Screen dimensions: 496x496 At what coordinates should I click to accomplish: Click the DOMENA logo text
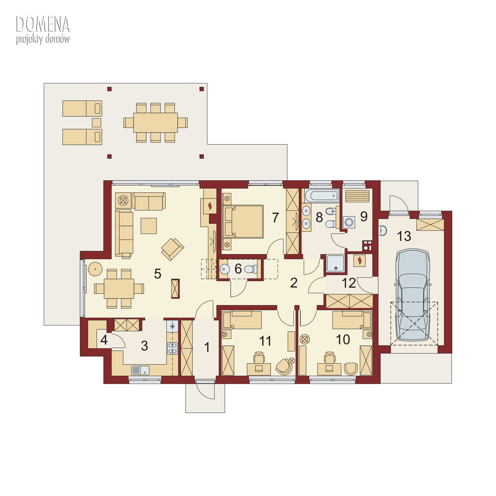tap(43, 24)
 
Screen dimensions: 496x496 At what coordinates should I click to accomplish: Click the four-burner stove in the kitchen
tap(172, 348)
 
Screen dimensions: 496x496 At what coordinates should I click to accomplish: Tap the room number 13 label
tap(404, 236)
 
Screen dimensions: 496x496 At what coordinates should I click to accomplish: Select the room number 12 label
tap(349, 283)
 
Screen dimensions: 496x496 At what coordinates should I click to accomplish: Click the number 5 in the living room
tap(158, 274)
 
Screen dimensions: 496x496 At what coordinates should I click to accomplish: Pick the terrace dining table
tap(155, 123)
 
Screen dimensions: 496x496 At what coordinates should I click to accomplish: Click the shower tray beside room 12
tap(335, 263)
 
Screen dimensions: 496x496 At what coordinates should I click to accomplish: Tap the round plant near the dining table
tap(95, 269)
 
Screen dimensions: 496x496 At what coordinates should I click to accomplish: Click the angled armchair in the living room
tap(172, 249)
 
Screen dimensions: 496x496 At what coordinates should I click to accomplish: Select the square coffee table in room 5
tap(149, 226)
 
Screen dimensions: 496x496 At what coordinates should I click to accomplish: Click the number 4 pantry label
tap(104, 340)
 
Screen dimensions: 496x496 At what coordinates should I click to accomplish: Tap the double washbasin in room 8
tap(306, 217)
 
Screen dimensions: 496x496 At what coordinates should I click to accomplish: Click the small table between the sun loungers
tap(97, 123)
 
